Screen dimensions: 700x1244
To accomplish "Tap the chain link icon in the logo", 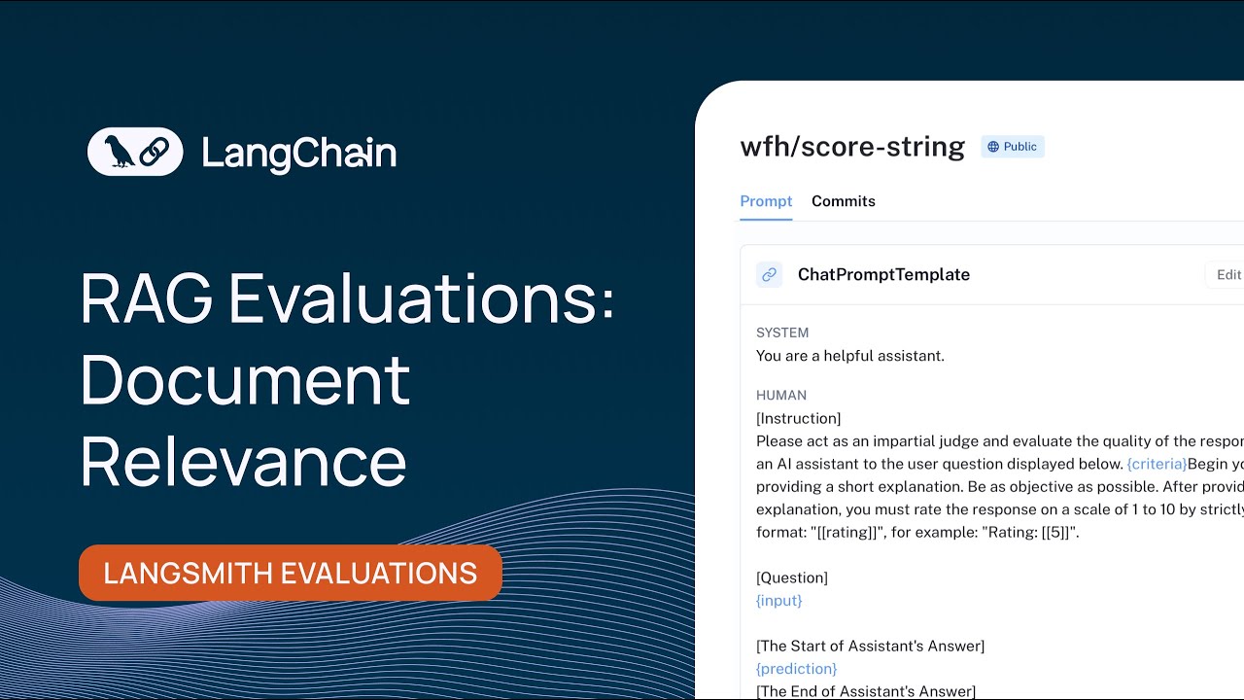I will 155,152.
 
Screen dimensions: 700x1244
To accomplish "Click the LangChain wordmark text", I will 299,154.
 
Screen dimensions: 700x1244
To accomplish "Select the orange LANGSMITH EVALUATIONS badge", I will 291,573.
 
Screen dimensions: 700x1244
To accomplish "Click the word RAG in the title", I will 146,298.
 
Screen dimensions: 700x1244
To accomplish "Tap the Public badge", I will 1012,147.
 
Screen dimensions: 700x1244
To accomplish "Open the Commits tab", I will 844,201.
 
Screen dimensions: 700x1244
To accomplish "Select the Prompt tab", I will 766,201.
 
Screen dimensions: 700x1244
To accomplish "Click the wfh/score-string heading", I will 852,147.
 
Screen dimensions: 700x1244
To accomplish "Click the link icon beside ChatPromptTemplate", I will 770,274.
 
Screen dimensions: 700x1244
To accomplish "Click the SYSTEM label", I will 782,332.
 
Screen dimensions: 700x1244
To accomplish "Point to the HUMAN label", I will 781,396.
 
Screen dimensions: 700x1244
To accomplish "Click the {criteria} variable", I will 1157,464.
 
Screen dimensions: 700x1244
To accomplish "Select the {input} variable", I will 779,601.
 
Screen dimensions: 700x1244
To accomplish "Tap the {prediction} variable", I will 796,669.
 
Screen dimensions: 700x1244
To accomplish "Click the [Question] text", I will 792,577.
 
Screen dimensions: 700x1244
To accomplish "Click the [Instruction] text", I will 799,418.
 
